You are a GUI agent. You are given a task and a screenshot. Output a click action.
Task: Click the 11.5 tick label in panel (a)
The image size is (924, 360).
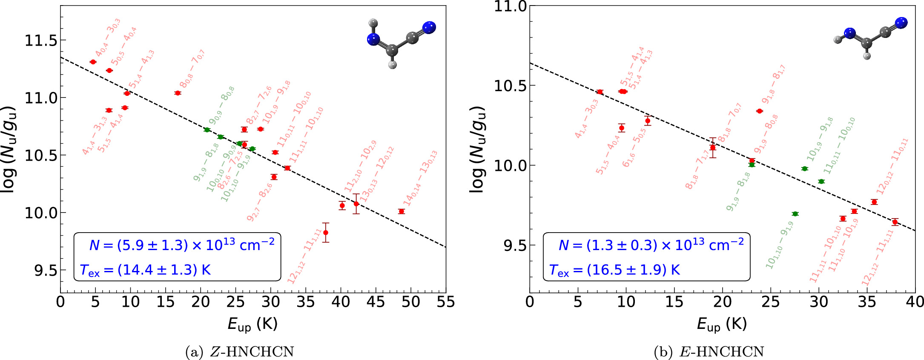pyautogui.click(x=40, y=41)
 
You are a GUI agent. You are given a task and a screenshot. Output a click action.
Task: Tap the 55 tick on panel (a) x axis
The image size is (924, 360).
pyautogui.click(x=445, y=302)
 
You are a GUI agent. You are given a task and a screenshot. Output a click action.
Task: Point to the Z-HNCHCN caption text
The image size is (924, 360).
pyautogui.click(x=240, y=352)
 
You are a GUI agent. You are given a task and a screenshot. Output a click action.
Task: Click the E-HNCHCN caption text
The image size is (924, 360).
pyautogui.click(x=709, y=352)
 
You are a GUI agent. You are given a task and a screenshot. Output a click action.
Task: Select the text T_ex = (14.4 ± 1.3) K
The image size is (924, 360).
pyautogui.click(x=145, y=270)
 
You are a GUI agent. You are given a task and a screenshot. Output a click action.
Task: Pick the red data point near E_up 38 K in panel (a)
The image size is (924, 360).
pyautogui.click(x=326, y=233)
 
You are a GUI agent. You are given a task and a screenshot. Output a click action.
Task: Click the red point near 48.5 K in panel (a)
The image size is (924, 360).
pyautogui.click(x=401, y=211)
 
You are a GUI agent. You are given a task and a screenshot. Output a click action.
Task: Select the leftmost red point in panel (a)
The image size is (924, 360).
pyautogui.click(x=93, y=62)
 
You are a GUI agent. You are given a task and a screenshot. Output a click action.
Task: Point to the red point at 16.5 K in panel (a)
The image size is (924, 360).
pyautogui.click(x=178, y=93)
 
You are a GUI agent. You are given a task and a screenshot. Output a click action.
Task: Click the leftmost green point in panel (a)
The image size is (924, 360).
pyautogui.click(x=207, y=130)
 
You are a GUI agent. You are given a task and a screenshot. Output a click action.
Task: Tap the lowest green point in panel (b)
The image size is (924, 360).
pyautogui.click(x=795, y=214)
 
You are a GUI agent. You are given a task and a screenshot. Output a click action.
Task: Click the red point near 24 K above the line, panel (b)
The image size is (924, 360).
pyautogui.click(x=759, y=111)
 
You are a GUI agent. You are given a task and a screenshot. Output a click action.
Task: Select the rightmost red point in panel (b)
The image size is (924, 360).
pyautogui.click(x=895, y=222)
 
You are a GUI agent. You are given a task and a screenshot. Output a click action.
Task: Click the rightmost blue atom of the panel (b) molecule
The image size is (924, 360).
pyautogui.click(x=901, y=23)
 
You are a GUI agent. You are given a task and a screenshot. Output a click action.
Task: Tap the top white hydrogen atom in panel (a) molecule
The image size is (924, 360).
pyautogui.click(x=373, y=22)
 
